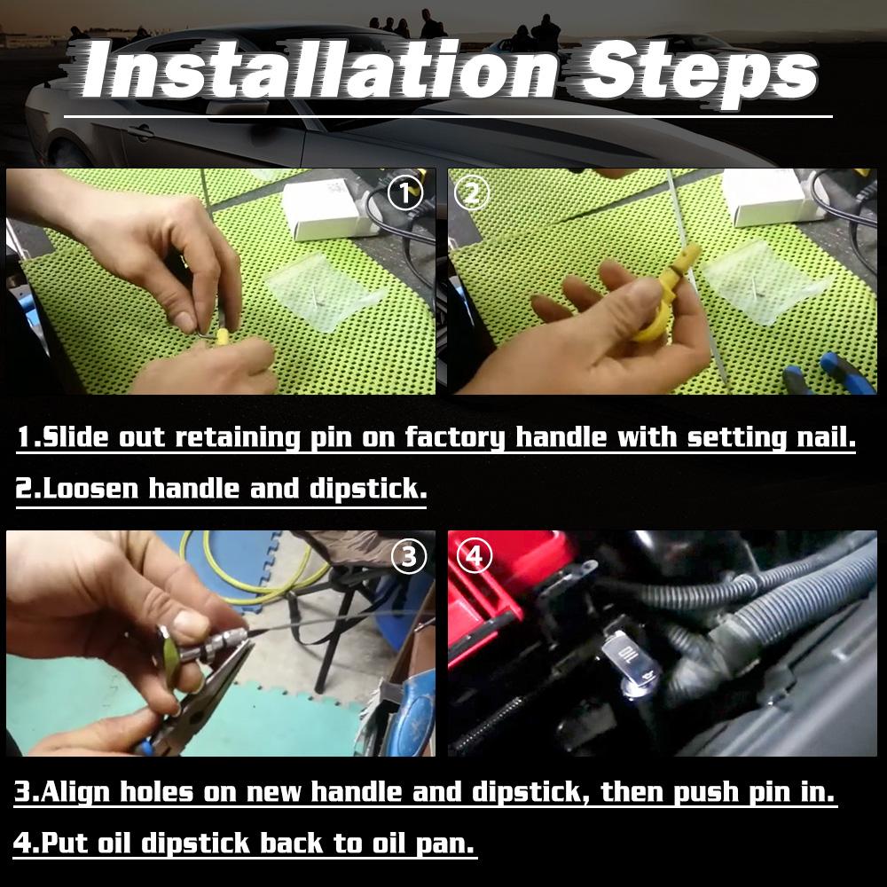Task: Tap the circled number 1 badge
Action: (406, 193)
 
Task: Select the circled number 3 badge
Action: (408, 556)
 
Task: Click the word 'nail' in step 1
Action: (820, 438)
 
